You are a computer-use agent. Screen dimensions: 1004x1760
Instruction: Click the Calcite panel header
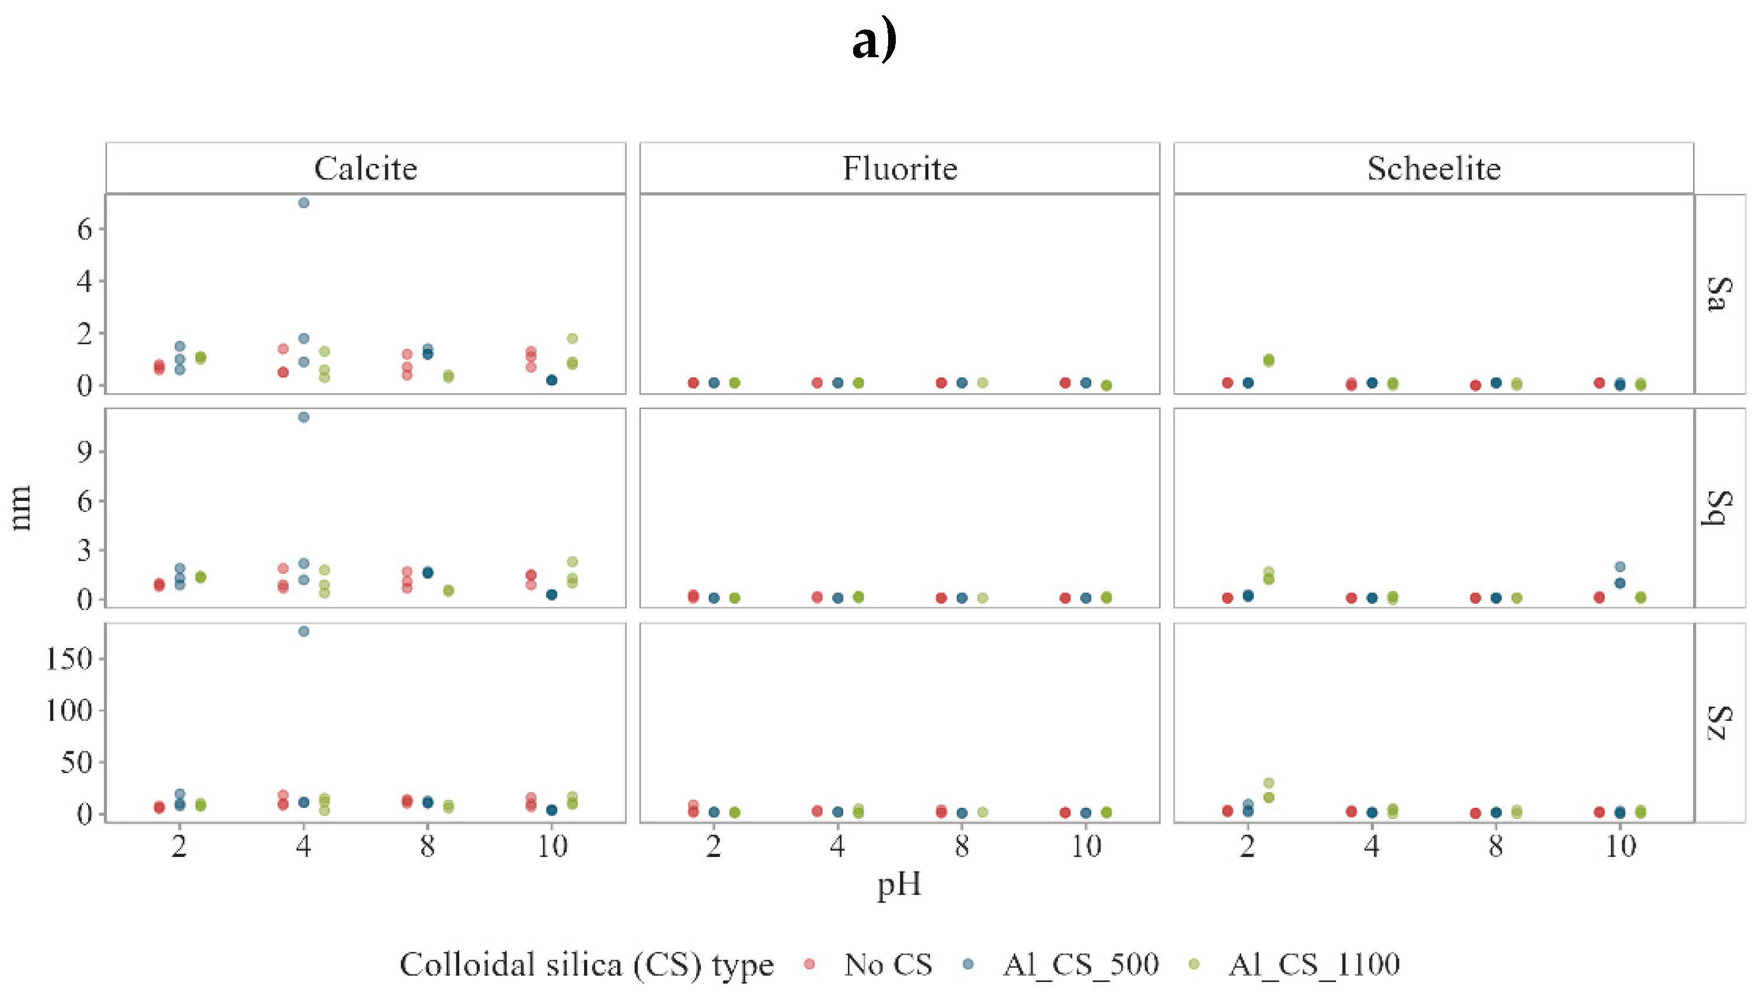click(365, 168)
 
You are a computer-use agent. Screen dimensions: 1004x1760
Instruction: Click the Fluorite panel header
click(900, 168)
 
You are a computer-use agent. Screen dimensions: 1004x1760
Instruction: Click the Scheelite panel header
click(1434, 168)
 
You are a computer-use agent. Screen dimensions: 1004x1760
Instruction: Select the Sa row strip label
click(1719, 294)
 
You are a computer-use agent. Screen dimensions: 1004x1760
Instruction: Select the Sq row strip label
click(1719, 508)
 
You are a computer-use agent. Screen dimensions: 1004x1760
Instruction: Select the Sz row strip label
click(1719, 723)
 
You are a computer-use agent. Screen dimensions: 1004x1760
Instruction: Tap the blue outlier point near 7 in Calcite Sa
click(303, 203)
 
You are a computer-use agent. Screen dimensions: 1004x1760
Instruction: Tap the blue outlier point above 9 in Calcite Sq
click(303, 417)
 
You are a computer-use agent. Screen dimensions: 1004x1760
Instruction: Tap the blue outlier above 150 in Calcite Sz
click(303, 632)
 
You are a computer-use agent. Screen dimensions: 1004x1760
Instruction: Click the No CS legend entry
click(886, 964)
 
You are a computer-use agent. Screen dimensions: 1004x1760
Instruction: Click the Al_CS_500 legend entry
click(1080, 964)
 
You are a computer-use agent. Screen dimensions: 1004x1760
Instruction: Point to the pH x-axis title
click(899, 885)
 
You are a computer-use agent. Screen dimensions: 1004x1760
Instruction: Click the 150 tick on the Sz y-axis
click(69, 659)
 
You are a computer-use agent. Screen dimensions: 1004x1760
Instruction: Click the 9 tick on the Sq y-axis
click(84, 452)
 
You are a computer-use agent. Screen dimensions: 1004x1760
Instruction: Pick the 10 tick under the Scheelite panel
click(1620, 846)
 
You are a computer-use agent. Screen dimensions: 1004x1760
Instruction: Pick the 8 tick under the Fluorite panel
click(962, 846)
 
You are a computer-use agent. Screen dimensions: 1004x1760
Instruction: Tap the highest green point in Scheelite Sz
click(1269, 783)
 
